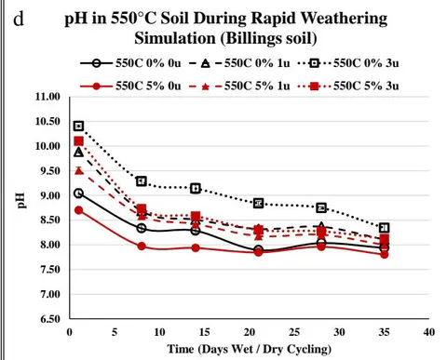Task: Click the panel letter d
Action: point(19,20)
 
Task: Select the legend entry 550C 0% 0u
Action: point(130,63)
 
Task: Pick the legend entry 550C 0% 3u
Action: point(348,63)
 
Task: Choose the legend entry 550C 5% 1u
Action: point(239,86)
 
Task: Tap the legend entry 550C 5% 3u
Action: point(348,86)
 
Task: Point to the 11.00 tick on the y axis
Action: point(47,97)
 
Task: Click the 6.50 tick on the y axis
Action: point(49,319)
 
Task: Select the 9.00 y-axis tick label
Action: point(49,195)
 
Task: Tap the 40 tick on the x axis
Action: point(429,332)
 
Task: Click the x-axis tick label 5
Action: point(115,332)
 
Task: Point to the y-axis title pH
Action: point(20,201)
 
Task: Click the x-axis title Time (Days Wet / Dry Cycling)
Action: point(250,349)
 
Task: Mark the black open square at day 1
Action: point(79,126)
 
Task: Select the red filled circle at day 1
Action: point(79,210)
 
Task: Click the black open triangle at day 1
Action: point(79,153)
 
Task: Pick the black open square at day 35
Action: point(385,228)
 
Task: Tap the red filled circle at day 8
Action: point(142,247)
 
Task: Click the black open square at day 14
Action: point(196,188)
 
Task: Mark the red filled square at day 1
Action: point(79,141)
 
